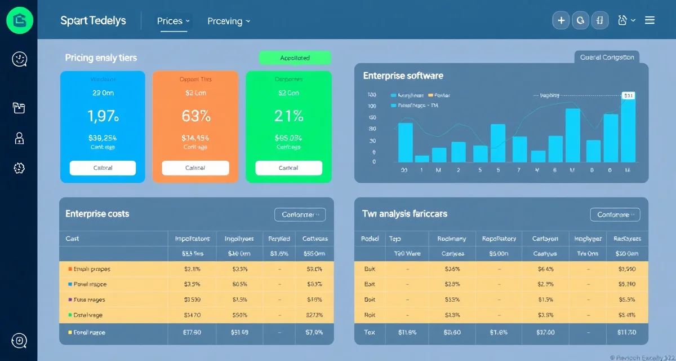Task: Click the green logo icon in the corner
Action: click(19, 20)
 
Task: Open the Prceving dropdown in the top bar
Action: click(228, 21)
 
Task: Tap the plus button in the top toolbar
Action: click(561, 21)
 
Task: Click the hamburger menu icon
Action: click(650, 20)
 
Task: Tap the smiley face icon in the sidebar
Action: click(19, 59)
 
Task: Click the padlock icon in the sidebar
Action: click(19, 138)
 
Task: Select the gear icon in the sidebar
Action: click(19, 168)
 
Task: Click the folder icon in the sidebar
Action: click(19, 108)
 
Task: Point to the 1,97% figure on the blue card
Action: click(103, 116)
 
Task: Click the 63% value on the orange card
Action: click(195, 116)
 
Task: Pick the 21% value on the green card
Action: click(289, 116)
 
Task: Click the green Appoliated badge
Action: click(295, 58)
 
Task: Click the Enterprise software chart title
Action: click(403, 76)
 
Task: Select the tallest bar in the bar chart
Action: click(628, 130)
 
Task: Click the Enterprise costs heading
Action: click(97, 214)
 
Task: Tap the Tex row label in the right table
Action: click(370, 332)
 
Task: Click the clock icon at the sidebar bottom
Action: click(19, 340)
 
